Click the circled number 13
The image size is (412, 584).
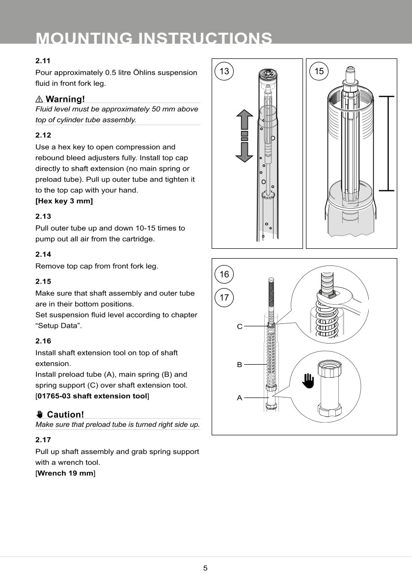point(224,71)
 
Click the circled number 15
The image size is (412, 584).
point(319,71)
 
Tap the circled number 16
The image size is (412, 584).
point(224,274)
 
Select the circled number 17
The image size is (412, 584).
point(224,297)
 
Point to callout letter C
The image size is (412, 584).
point(240,326)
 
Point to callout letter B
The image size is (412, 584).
point(240,365)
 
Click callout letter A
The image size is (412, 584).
point(240,398)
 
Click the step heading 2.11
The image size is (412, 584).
point(43,61)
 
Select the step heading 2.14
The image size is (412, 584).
point(43,254)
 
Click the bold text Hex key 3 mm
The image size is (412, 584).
point(64,201)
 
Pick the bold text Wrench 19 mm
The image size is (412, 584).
point(65,473)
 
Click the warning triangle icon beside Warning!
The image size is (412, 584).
point(39,99)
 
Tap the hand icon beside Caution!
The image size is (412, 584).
point(40,415)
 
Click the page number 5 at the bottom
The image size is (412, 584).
point(206,568)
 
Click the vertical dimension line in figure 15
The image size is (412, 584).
point(388,143)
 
